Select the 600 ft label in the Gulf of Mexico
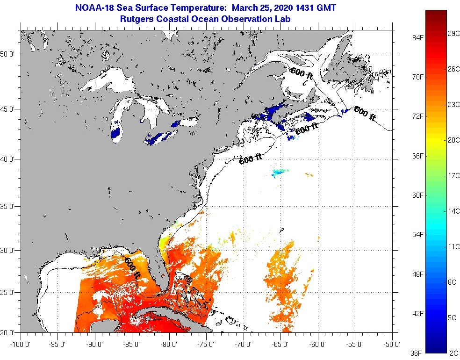(132, 268)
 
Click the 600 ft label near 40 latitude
(251, 159)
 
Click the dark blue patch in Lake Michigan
(116, 134)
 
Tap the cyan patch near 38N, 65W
(279, 173)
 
